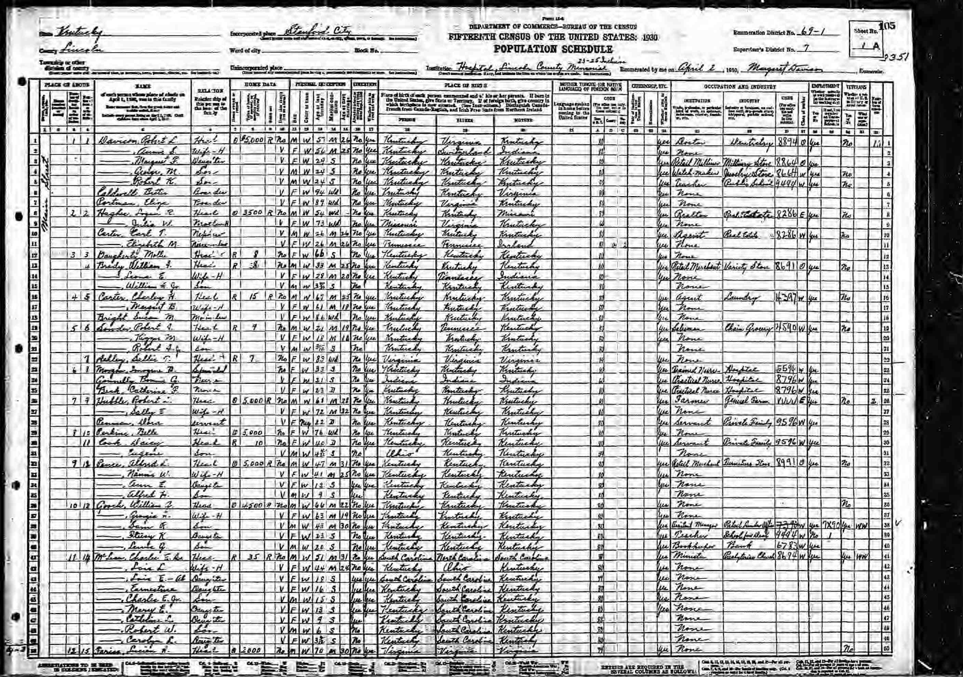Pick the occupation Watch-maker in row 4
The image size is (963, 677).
[x=691, y=172]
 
